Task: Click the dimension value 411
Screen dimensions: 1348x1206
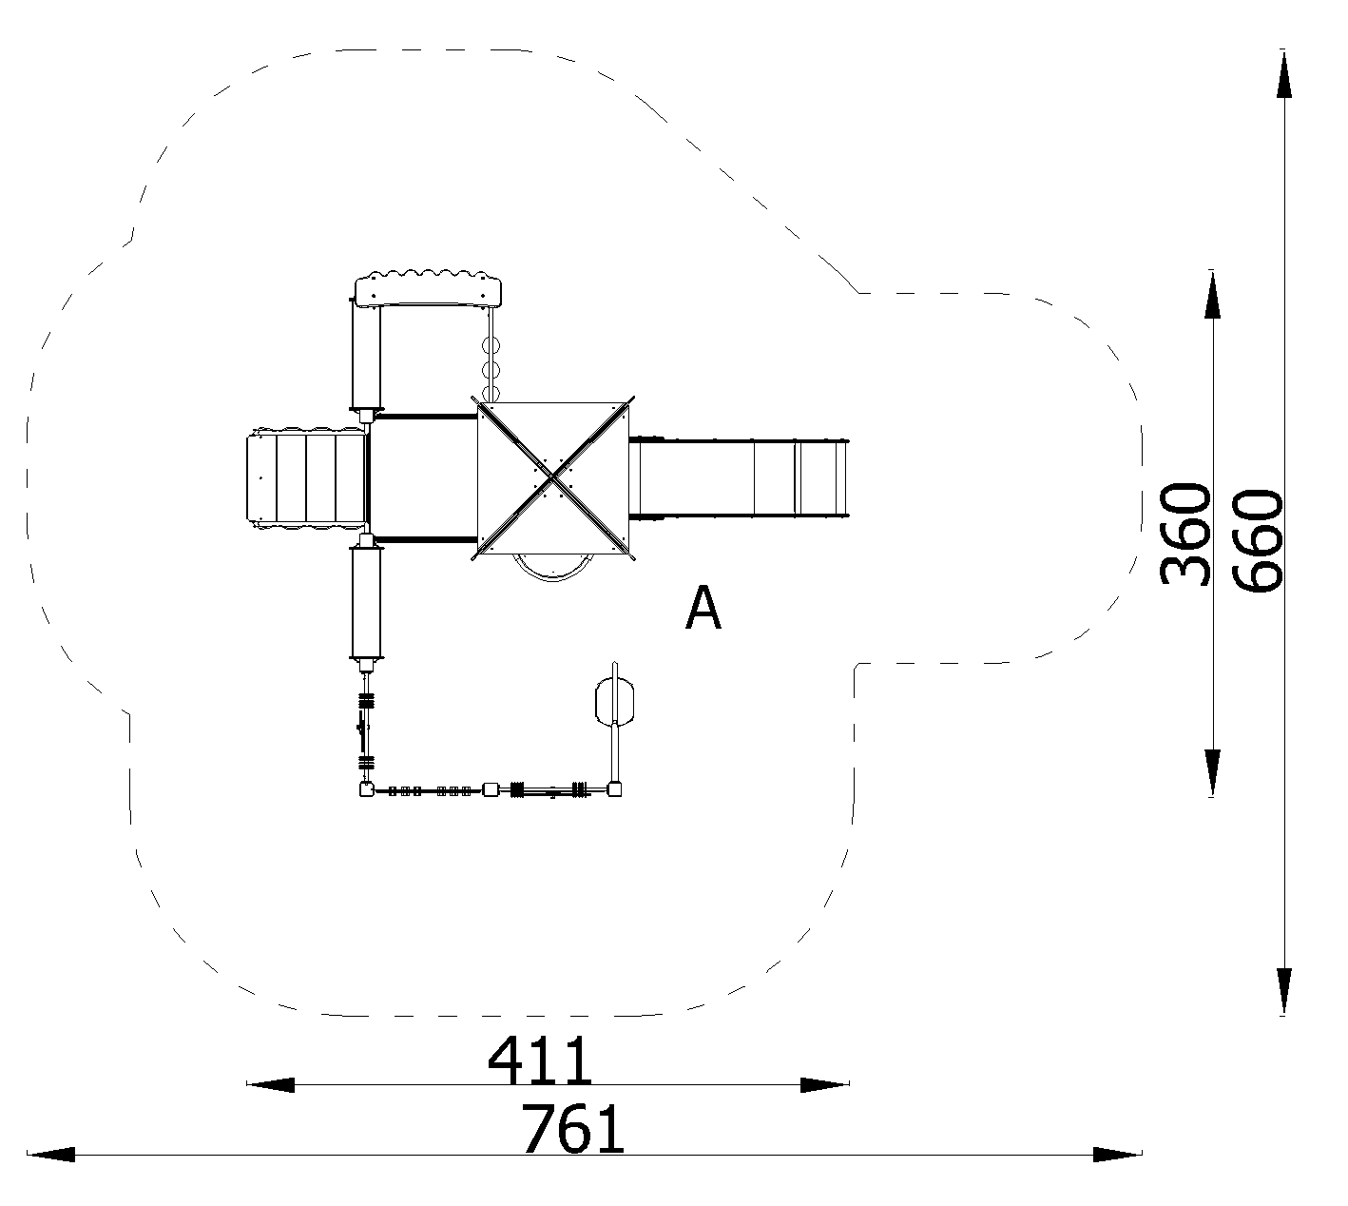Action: point(540,1060)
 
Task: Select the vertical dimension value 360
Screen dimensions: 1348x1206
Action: point(1184,535)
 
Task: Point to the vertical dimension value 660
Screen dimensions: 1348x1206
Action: point(1257,540)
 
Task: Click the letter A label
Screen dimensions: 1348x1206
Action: point(703,608)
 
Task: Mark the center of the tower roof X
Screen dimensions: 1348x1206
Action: point(552,477)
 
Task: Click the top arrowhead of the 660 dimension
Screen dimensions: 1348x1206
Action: point(1284,74)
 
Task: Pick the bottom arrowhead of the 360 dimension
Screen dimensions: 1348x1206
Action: point(1212,772)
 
